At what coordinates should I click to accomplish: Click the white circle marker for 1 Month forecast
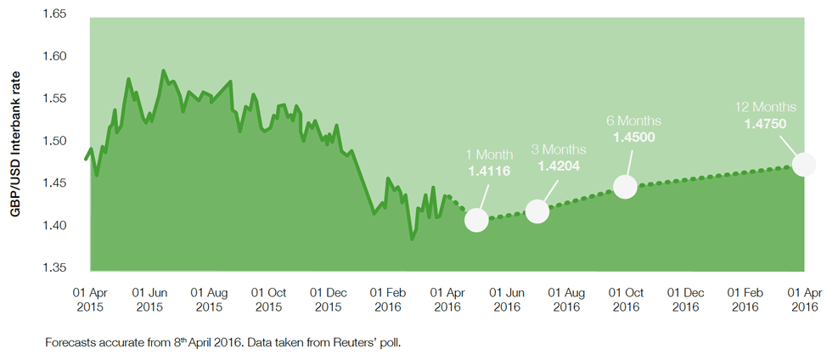click(477, 220)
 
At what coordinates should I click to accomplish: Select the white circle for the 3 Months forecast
click(537, 211)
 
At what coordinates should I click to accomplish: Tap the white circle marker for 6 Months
click(626, 187)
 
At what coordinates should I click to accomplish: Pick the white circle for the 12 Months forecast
click(804, 164)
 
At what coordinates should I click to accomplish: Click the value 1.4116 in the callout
click(490, 171)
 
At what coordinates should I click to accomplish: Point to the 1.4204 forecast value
click(559, 166)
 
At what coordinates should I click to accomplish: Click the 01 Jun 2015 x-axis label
click(149, 298)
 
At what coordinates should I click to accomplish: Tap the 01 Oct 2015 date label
click(268, 298)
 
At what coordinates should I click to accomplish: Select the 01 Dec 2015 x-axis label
click(329, 298)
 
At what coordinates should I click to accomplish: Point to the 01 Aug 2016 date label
click(566, 298)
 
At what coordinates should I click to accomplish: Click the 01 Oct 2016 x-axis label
click(626, 298)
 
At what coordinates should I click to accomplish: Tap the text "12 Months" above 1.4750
click(766, 108)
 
